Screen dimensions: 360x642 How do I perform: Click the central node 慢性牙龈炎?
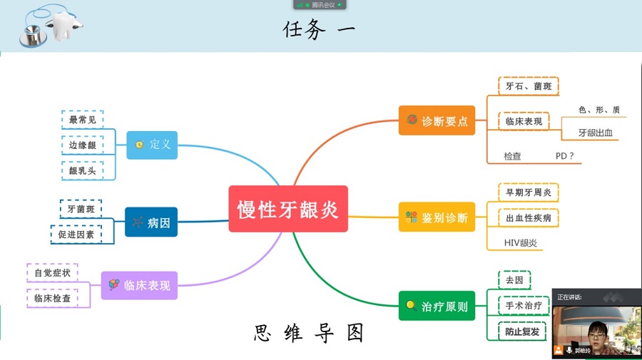(288, 209)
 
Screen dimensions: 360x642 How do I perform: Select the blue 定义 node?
(152, 145)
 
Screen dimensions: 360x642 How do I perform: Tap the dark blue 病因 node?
(151, 222)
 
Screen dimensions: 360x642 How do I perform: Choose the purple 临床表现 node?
(139, 285)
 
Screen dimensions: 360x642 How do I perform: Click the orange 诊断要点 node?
(437, 120)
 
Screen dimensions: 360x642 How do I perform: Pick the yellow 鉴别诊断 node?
(437, 217)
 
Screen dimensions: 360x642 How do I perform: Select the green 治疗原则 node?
(437, 307)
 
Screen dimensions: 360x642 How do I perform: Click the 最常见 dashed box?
(82, 120)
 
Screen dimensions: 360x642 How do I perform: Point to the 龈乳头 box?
(82, 170)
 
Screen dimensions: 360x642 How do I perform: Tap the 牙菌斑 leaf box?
(81, 209)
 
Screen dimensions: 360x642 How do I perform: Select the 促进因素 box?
(76, 234)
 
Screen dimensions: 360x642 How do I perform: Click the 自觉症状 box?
(52, 272)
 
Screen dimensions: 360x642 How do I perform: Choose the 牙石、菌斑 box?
(528, 86)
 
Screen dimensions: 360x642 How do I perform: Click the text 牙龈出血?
(596, 133)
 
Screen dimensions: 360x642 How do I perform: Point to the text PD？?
(565, 155)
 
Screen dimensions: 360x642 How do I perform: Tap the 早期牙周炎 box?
(528, 192)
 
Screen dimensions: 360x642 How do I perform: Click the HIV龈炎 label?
(520, 242)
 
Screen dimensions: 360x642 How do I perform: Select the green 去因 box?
(514, 280)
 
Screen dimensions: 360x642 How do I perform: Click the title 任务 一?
(319, 30)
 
